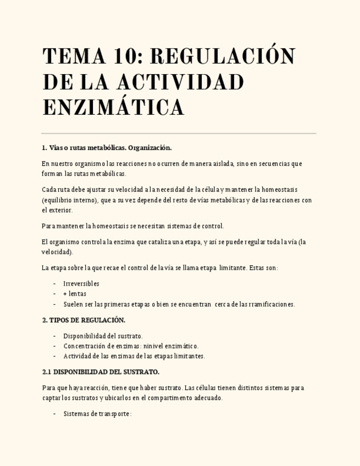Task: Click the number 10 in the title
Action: click(x=123, y=57)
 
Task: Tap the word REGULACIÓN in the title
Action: click(x=223, y=57)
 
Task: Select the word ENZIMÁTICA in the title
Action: click(x=113, y=107)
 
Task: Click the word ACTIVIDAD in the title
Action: click(x=180, y=82)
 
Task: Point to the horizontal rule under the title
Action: click(x=179, y=133)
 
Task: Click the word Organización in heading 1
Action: click(x=149, y=148)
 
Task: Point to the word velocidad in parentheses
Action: click(x=56, y=252)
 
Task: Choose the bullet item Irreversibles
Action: click(x=81, y=284)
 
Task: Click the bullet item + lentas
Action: click(x=75, y=293)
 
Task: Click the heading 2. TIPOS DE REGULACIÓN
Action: click(x=84, y=320)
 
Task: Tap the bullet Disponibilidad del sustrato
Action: click(x=103, y=336)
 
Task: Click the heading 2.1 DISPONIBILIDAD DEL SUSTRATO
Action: click(x=101, y=372)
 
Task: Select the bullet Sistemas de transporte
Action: click(x=97, y=414)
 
